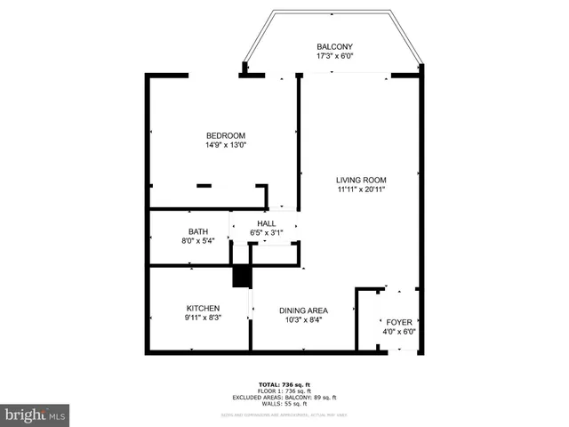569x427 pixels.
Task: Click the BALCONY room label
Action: (x=334, y=46)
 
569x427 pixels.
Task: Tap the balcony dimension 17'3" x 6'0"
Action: (x=334, y=56)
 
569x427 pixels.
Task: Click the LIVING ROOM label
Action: (x=360, y=179)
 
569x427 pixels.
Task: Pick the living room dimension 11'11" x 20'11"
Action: (x=360, y=189)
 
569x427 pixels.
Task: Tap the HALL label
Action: (x=266, y=223)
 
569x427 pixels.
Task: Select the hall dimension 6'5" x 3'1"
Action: (x=266, y=233)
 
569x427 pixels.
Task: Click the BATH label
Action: (x=197, y=231)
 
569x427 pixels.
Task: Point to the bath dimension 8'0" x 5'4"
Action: (x=197, y=241)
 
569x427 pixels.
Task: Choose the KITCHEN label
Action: (x=203, y=308)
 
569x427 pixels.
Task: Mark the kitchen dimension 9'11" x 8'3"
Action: (x=203, y=318)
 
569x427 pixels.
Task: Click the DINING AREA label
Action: (x=303, y=310)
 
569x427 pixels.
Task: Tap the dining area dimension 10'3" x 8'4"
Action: (x=303, y=320)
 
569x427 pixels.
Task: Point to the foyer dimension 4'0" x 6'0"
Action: (x=398, y=332)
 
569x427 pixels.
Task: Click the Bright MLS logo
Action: (x=36, y=415)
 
